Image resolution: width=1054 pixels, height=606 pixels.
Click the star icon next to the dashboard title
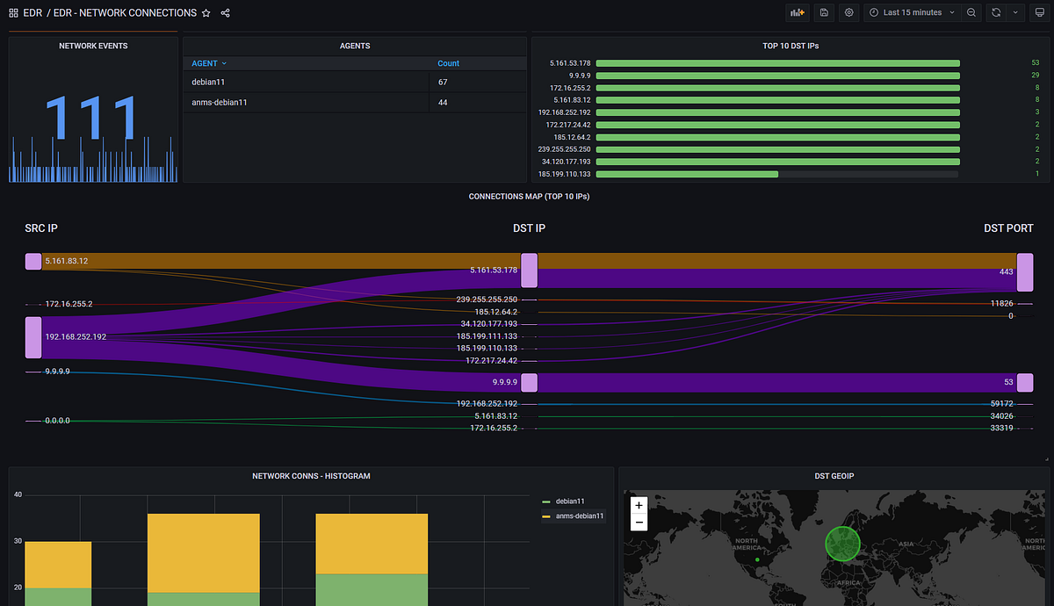click(206, 13)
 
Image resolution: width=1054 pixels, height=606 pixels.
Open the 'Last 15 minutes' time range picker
click(912, 12)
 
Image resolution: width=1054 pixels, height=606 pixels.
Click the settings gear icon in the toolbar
click(848, 12)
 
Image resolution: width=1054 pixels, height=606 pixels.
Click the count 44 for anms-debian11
click(444, 103)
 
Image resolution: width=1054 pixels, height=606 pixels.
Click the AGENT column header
click(208, 63)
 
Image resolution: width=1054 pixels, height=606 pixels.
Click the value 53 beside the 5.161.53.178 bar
click(1035, 63)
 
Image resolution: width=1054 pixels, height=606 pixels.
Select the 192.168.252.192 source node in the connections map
click(33, 337)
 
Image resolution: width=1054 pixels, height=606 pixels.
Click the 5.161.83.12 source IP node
click(33, 261)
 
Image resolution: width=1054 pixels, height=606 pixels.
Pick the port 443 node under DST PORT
click(1024, 272)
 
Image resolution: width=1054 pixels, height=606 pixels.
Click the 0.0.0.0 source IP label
click(57, 422)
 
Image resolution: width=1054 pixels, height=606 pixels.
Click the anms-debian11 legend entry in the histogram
click(577, 516)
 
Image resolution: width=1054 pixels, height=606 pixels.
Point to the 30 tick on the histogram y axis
click(17, 542)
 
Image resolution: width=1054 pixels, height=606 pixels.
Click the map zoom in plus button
click(639, 506)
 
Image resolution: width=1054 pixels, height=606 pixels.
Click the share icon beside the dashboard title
click(226, 13)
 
